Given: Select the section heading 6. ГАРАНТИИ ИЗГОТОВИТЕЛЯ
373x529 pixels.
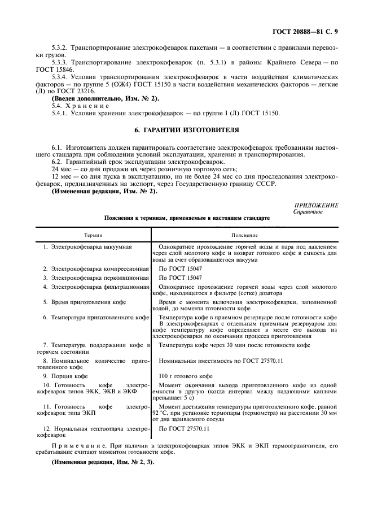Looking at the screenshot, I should coord(186,131).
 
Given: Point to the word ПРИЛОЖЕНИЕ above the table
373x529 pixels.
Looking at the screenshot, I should coord(316,206).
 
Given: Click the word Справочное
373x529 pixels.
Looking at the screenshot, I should coord(308,212).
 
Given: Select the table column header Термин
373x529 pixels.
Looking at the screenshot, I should coord(94,235).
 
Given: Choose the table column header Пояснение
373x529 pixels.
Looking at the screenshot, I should coord(245,235).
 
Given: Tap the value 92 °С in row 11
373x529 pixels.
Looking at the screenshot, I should coord(168,413).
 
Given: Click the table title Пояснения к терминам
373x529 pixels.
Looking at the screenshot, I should coord(141,218).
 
